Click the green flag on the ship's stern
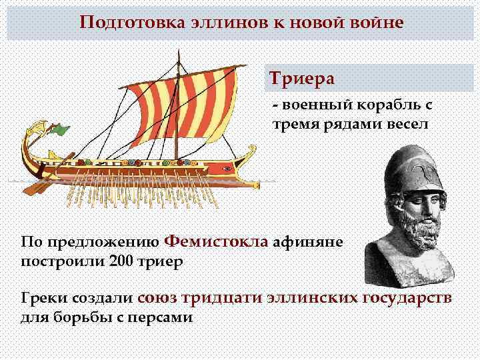(62, 129)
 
